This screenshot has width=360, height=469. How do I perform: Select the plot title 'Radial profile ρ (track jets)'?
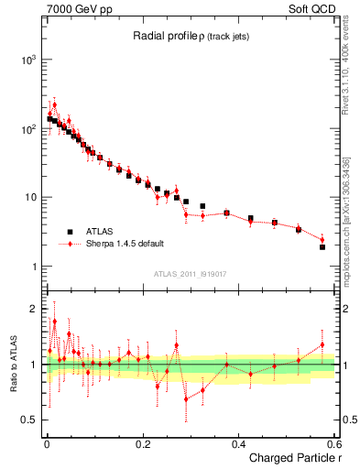tap(183, 36)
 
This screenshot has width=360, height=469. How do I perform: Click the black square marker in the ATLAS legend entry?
tap(70, 232)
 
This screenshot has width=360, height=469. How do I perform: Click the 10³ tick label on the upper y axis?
tap(27, 60)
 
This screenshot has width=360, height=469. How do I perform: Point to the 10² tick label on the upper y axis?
tap(27, 128)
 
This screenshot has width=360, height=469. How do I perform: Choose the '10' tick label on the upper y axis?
tap(29, 198)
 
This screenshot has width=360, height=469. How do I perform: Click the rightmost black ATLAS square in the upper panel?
tap(322, 247)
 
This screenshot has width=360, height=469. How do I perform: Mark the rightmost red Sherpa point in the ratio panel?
tap(322, 344)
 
